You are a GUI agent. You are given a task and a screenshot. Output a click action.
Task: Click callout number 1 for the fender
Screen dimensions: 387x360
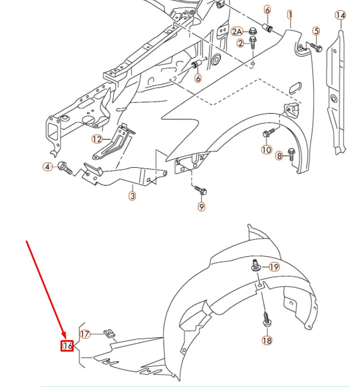290,15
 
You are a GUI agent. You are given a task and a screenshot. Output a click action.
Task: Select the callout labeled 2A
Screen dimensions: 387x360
238,32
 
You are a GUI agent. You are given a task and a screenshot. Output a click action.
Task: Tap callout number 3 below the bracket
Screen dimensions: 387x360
133,195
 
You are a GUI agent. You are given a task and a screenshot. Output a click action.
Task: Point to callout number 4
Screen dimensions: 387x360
48,166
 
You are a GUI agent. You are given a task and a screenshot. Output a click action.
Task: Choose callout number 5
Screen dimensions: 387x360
316,32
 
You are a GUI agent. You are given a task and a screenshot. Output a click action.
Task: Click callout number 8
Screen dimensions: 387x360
279,156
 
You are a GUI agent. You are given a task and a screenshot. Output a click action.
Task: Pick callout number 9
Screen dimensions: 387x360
201,207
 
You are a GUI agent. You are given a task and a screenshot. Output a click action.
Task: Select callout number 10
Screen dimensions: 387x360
266,149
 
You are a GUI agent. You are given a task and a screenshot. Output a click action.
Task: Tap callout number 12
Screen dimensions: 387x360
97,139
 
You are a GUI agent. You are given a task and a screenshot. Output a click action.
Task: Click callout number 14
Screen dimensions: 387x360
340,15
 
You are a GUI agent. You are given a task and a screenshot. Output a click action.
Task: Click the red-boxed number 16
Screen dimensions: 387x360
67,346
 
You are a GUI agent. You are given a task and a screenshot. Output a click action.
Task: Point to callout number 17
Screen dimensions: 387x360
85,334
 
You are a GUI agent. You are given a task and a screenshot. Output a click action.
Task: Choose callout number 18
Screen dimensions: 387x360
267,341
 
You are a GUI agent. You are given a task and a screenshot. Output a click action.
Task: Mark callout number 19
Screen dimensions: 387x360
274,267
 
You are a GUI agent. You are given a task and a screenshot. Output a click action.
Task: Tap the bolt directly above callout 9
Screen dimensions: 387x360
200,190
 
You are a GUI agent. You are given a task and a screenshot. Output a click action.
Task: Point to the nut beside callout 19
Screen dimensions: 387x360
255,267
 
